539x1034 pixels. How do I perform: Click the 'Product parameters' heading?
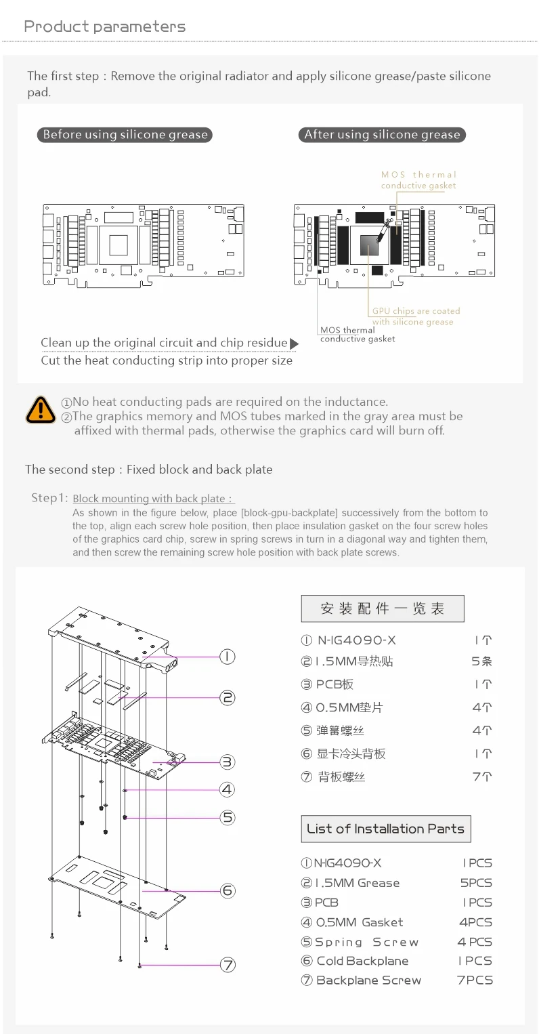104,26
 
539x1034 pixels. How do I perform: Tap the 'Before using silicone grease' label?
125,135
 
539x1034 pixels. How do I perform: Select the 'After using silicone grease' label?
382,135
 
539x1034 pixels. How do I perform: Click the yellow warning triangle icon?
41,410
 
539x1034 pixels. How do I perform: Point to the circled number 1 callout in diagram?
228,656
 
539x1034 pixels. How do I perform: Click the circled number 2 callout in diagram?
228,697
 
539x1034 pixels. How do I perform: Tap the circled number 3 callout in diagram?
228,762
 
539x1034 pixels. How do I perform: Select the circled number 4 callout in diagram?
228,789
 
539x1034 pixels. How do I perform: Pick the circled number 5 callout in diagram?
228,817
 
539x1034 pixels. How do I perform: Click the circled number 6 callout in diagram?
228,890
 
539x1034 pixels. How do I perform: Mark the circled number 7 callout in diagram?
228,965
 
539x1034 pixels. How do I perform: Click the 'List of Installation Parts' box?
385,829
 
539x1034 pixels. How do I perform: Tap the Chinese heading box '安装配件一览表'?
382,608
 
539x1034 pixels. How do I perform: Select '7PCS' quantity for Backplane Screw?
475,980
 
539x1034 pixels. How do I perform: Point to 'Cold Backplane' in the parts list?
362,961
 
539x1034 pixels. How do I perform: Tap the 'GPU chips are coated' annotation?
416,311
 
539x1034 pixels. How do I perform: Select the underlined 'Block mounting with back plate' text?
153,499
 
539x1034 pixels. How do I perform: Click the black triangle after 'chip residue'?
294,344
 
